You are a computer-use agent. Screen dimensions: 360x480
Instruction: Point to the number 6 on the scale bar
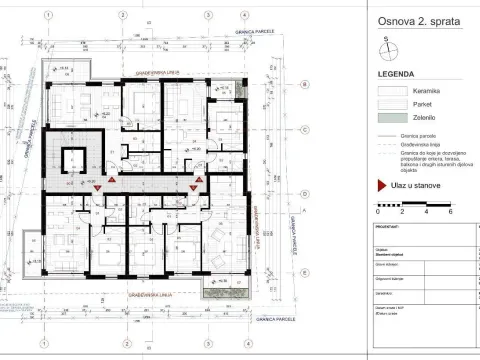pyautogui.click(x=451, y=212)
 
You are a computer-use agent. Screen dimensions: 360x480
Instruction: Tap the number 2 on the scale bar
pyautogui.click(x=402, y=212)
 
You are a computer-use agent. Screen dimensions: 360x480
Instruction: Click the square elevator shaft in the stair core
pyautogui.click(x=73, y=161)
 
